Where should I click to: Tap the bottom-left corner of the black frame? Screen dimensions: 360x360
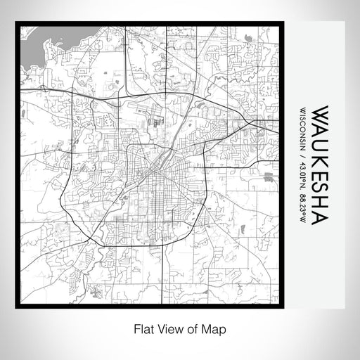click(x=17, y=306)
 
